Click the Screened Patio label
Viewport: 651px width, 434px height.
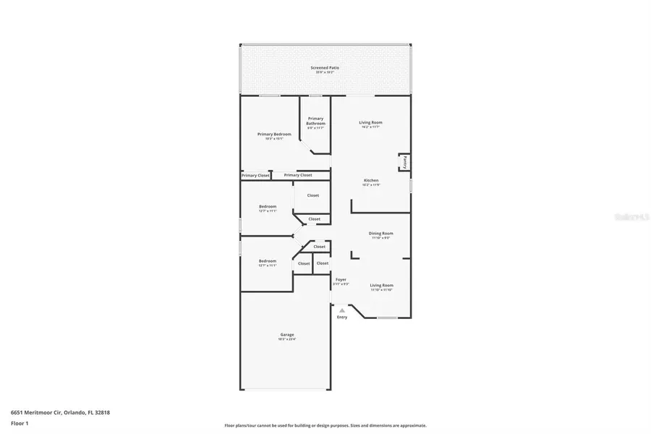[325, 67]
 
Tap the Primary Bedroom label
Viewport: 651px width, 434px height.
[274, 134]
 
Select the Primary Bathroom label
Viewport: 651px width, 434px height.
[315, 121]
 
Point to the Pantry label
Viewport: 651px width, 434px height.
[405, 162]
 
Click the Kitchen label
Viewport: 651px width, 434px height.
[370, 180]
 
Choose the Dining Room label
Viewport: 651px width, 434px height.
[380, 233]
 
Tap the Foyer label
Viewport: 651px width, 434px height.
[341, 279]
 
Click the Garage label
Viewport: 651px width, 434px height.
[287, 334]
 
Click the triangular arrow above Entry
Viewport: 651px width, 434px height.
[342, 310]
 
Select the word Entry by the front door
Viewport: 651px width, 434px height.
[342, 317]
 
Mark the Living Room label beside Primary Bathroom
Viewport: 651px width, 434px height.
[370, 122]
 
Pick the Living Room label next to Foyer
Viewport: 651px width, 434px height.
[381, 285]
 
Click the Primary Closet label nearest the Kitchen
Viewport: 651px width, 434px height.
[297, 175]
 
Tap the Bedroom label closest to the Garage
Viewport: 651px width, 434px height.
[268, 260]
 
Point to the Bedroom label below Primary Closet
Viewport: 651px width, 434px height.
[268, 206]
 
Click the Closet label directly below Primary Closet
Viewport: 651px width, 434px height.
[312, 195]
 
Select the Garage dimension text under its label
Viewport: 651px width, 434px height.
[287, 339]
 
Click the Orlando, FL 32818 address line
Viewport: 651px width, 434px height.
[60, 412]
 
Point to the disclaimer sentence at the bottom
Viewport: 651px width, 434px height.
[325, 425]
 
